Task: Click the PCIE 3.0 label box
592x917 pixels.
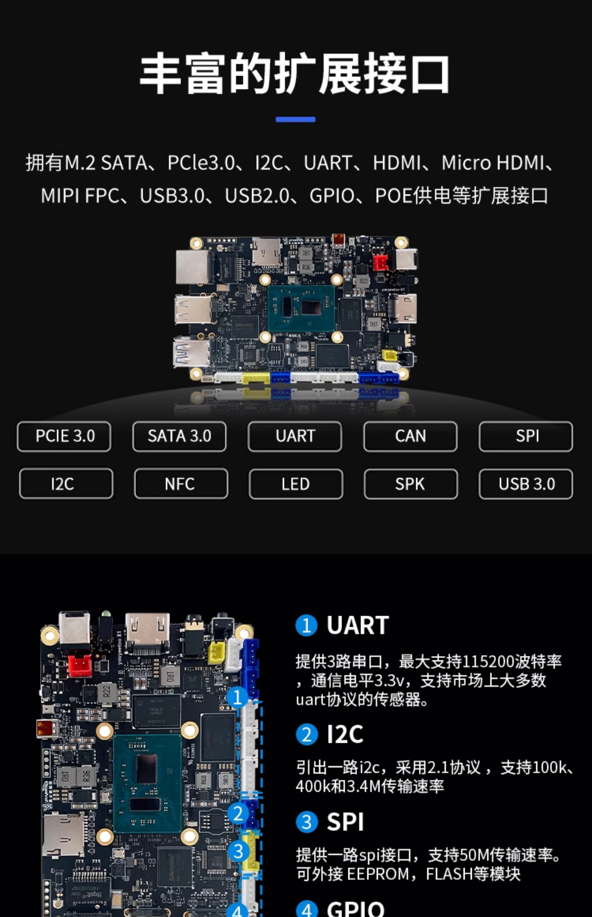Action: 64,436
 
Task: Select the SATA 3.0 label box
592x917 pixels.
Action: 180,436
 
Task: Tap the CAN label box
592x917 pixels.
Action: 410,436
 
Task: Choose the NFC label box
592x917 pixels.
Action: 181,484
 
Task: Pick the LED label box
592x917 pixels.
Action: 296,484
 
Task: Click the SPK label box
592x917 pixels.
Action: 411,484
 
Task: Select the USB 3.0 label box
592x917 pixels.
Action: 526,484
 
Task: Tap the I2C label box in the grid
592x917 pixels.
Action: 66,484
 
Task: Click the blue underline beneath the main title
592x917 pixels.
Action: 295,120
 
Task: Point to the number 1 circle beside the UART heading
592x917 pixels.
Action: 306,626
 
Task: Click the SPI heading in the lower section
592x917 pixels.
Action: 345,822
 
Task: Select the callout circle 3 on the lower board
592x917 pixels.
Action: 238,851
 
